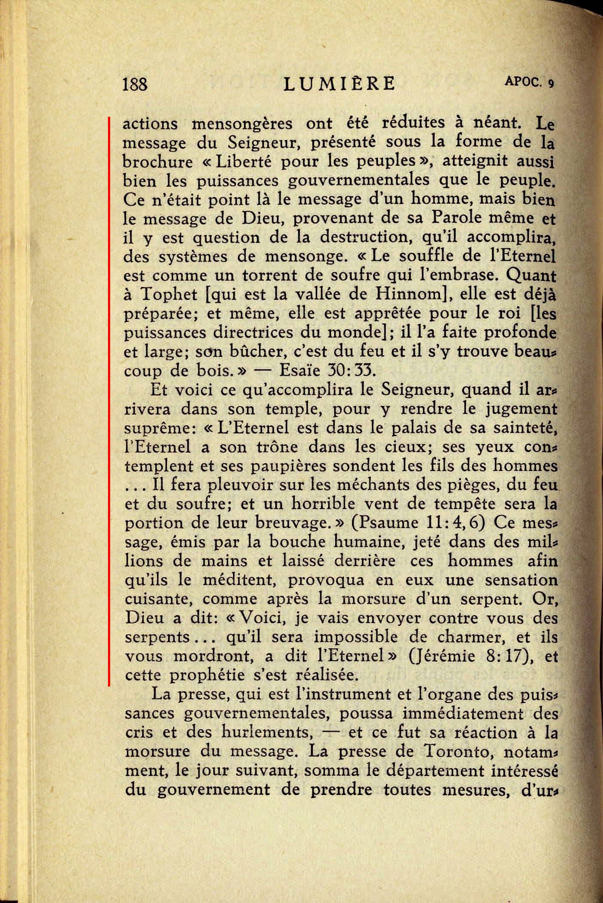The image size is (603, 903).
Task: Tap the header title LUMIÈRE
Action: [339, 83]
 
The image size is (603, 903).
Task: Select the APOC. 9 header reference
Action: [528, 82]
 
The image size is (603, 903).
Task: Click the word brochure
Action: [158, 162]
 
